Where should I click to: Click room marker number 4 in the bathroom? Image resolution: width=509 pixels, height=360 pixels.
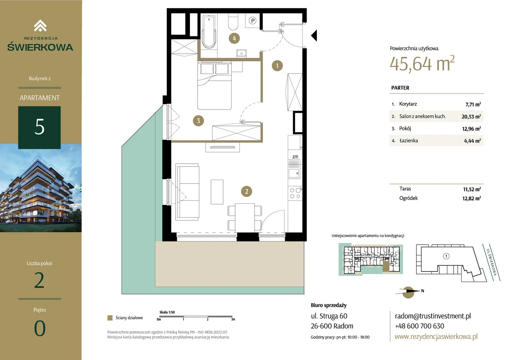(234, 38)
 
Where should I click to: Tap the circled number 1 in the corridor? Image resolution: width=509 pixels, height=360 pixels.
(277, 66)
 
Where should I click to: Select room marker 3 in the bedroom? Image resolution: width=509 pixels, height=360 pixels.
(199, 121)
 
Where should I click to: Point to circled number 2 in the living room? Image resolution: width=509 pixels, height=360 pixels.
(247, 191)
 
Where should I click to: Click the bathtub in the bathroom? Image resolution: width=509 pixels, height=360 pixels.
(209, 32)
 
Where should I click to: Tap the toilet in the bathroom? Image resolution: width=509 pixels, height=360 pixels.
(233, 22)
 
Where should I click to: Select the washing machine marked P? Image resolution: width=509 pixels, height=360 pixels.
(253, 21)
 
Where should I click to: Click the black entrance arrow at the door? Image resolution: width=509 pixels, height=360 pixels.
(314, 35)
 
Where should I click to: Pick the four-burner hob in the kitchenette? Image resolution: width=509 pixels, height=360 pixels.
(295, 193)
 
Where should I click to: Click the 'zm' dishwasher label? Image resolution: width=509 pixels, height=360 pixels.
(295, 157)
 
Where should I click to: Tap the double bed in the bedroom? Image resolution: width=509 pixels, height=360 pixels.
(214, 86)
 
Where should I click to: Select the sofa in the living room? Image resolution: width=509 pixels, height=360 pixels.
(188, 192)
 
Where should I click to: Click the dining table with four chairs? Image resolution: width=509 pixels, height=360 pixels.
(245, 218)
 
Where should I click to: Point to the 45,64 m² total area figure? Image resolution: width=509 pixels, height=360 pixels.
(422, 64)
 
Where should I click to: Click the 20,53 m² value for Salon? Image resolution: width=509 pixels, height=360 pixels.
(471, 117)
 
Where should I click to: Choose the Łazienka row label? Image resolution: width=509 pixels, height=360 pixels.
(408, 141)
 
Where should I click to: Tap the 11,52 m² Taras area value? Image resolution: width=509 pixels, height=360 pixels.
(472, 189)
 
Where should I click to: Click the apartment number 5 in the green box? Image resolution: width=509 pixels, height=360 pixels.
(40, 127)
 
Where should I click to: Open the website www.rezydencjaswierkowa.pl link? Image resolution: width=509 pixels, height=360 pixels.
(436, 336)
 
